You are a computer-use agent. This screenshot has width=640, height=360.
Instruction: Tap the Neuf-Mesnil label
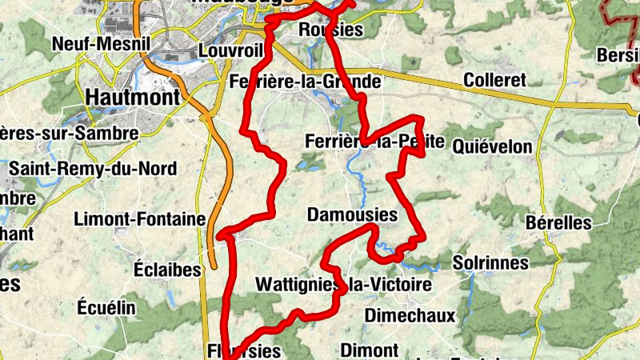coord(90,43)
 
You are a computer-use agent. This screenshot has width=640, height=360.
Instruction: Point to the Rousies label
coord(330,30)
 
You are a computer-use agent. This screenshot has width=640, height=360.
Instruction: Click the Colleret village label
coord(494,80)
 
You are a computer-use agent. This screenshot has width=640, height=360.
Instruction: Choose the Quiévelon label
coord(492,146)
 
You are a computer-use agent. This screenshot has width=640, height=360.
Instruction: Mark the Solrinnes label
coord(490,262)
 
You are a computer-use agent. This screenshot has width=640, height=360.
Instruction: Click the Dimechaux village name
coord(410,315)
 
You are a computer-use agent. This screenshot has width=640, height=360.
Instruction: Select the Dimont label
coord(369,350)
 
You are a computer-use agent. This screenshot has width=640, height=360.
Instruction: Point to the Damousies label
coord(352,214)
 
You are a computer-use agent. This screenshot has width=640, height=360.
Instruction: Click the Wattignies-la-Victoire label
coord(343,284)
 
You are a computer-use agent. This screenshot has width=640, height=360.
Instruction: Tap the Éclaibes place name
coord(167,270)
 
